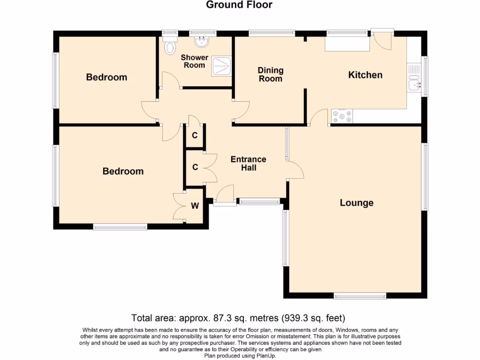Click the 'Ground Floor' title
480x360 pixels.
[x=239, y=5]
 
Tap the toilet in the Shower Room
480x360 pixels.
[x=170, y=47]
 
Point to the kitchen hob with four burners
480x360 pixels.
[x=342, y=116]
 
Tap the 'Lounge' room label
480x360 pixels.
[x=356, y=203]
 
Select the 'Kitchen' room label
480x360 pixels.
[x=365, y=75]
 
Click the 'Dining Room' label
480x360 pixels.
[x=270, y=75]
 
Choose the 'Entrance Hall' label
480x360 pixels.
[x=248, y=164]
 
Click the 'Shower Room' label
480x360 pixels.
[x=195, y=61]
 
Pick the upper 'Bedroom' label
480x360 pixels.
[x=106, y=77]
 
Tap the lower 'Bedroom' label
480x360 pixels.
[x=123, y=172]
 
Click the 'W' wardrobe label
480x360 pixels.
[x=195, y=206]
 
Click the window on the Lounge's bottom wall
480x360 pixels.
[x=360, y=296]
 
